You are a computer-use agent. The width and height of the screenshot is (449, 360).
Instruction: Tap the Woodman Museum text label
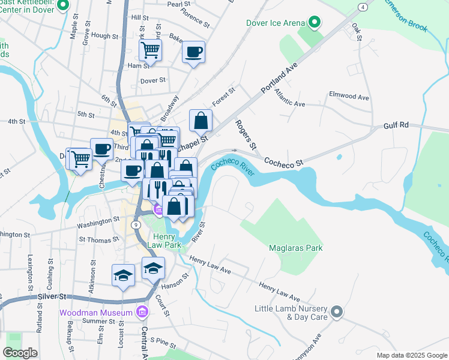click(95, 313)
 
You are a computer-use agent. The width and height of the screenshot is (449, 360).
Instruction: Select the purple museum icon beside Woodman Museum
click(141, 312)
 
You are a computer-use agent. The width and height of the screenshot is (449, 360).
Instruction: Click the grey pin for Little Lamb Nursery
click(337, 311)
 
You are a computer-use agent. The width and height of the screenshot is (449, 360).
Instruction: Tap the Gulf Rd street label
click(396, 125)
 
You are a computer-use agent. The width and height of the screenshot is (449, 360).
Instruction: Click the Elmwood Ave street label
click(349, 96)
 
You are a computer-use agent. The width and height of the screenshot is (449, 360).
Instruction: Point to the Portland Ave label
click(279, 79)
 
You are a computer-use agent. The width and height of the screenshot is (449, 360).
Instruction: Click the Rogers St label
click(245, 135)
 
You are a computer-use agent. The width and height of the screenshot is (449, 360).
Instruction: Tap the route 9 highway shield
click(136, 224)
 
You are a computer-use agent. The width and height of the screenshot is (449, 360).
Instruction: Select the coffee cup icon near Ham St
click(193, 52)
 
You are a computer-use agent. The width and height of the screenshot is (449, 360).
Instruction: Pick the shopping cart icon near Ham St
click(149, 50)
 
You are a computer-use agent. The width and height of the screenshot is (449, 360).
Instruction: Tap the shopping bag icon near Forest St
click(200, 121)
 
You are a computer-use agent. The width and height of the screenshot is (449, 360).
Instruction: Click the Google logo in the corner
click(20, 353)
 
